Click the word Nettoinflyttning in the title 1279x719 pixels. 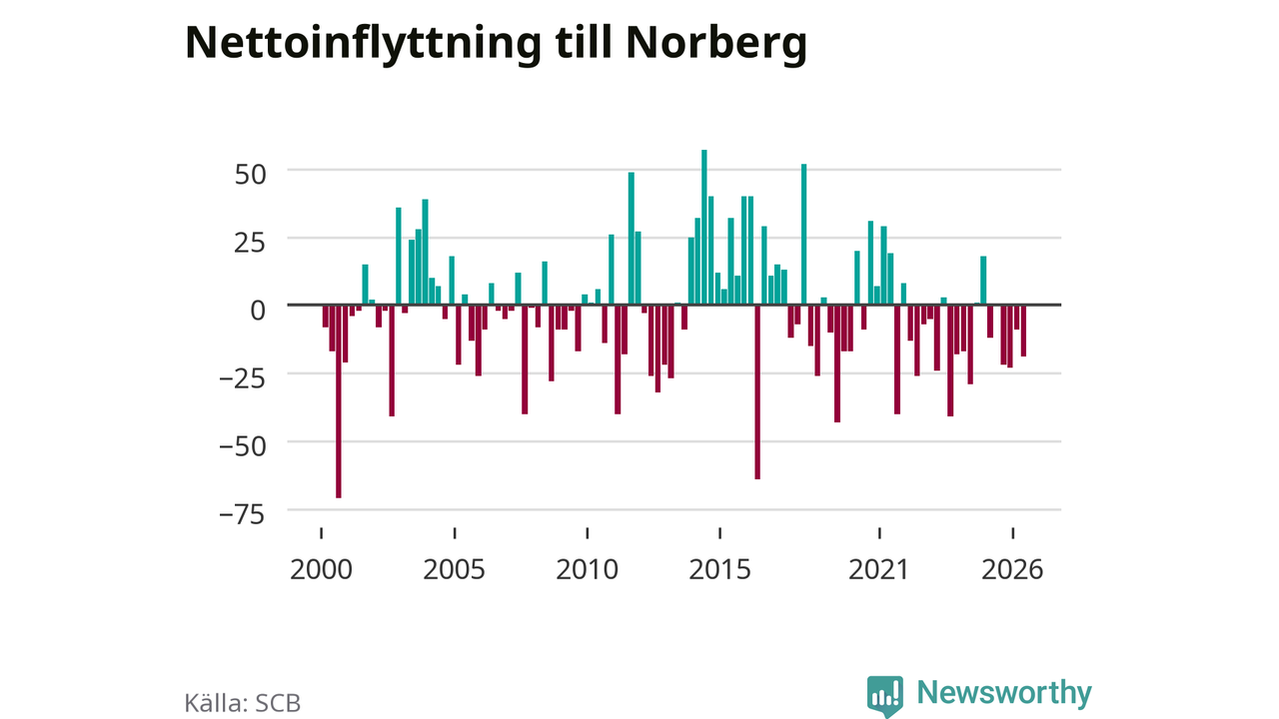tap(363, 44)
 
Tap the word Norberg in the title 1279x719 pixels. tap(716, 44)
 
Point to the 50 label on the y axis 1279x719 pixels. tap(250, 175)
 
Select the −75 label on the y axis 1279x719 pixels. tap(243, 514)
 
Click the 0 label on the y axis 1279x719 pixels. tap(258, 311)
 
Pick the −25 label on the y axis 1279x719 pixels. tap(243, 378)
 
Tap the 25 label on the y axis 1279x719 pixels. tap(250, 243)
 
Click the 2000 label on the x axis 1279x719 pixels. tap(321, 569)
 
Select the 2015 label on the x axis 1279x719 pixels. tap(720, 569)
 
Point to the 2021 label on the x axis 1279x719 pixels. tap(878, 569)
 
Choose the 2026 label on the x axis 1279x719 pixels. tap(1012, 569)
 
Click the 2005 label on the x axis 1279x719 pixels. tap(454, 569)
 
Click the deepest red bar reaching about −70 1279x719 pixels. tap(339, 401)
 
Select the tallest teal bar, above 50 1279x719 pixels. tap(704, 227)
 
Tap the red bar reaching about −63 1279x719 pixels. tap(757, 392)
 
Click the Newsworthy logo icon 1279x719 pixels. tap(885, 696)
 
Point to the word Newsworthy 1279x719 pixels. tap(1004, 692)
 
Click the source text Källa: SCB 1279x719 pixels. tap(243, 702)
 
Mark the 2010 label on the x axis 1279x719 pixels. tap(587, 569)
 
